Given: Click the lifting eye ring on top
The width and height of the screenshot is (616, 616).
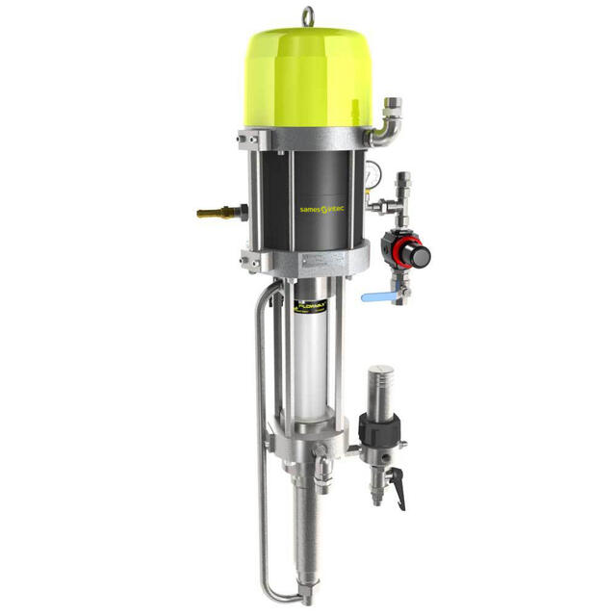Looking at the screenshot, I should [308, 15].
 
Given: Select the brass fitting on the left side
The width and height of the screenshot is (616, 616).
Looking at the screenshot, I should [214, 213].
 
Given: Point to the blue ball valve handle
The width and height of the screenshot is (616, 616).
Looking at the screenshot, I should [372, 297].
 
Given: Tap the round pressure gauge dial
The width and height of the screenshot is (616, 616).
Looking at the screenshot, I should [371, 177].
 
